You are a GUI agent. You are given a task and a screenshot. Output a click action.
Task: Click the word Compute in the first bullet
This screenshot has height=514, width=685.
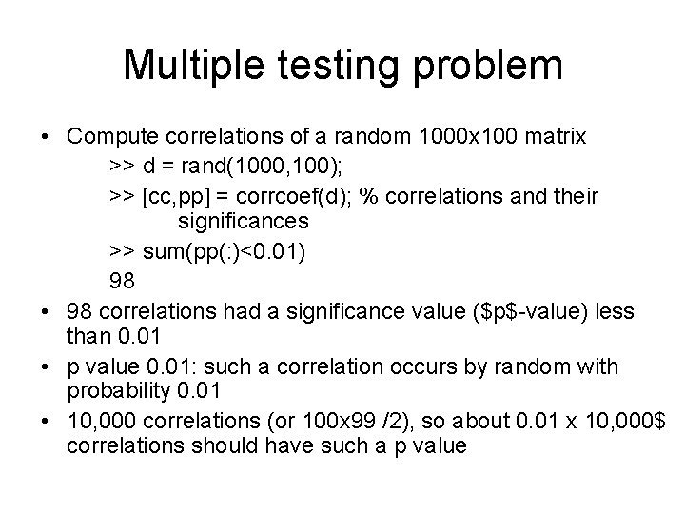(x=110, y=137)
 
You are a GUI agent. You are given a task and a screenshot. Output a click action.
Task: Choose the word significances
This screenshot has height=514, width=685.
(x=242, y=221)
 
